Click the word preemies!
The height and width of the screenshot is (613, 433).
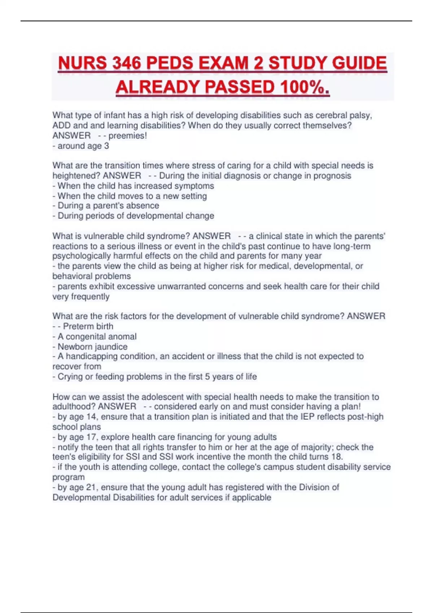pyautogui.click(x=128, y=136)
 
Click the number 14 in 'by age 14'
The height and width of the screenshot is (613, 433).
pyautogui.click(x=91, y=417)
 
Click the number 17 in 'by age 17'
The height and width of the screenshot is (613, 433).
pyautogui.click(x=91, y=437)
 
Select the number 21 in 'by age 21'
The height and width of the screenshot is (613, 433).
pyautogui.click(x=91, y=488)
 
